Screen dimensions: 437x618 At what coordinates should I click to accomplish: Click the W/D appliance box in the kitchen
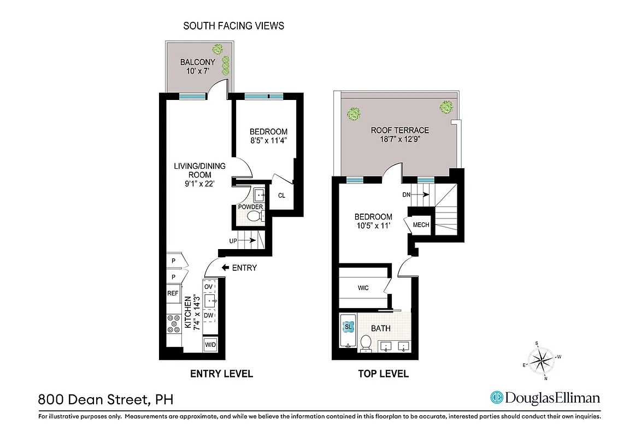210,345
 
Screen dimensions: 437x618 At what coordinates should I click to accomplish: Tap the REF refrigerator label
173,293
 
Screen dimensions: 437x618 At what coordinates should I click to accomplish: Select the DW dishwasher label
209,315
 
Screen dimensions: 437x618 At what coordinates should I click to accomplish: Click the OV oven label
208,286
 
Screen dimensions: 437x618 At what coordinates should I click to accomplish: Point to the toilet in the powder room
254,217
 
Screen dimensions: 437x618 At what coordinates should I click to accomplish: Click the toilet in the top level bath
366,343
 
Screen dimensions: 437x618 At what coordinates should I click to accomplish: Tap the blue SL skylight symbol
348,327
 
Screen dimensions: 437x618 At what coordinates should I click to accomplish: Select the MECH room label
421,225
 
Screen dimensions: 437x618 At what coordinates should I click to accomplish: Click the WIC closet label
364,288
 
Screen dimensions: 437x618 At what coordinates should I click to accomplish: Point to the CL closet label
282,196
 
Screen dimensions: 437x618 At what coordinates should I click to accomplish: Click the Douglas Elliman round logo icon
497,398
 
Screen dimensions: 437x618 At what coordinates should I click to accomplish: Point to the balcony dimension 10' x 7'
198,70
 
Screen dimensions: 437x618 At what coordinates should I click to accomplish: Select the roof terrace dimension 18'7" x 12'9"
399,139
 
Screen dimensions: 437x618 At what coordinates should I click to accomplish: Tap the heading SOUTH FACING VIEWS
233,26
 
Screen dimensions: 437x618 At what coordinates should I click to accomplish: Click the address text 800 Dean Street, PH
105,399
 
